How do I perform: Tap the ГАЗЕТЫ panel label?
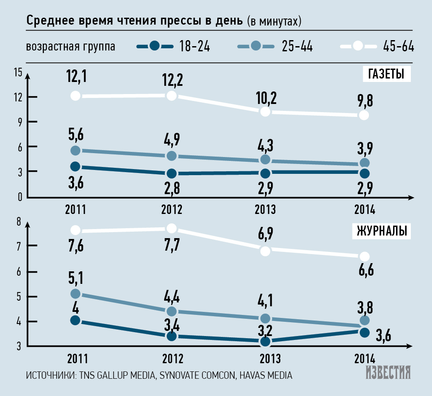pos(386,74)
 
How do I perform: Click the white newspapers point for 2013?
pos(265,112)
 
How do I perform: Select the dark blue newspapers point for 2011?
pos(75,167)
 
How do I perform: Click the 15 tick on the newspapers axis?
pos(17,72)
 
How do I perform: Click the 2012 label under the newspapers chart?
pos(172,210)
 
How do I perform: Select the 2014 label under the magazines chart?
pos(364,359)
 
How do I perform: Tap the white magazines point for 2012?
pos(172,228)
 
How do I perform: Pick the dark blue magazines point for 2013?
pos(265,342)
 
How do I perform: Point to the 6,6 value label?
pos(364,271)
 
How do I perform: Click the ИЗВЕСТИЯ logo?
pos(387,373)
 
